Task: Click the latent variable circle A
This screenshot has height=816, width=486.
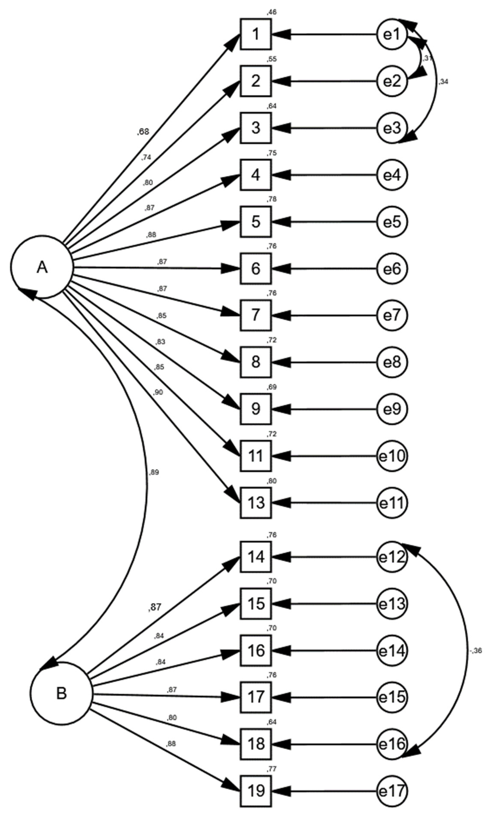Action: (x=42, y=267)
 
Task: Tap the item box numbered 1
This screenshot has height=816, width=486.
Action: (x=256, y=34)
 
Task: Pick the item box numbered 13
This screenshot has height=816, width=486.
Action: (x=256, y=503)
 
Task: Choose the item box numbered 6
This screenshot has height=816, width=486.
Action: (x=256, y=268)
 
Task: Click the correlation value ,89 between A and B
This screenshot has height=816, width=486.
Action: (x=154, y=472)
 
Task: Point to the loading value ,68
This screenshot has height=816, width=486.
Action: (x=143, y=132)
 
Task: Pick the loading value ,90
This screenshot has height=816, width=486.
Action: (x=158, y=392)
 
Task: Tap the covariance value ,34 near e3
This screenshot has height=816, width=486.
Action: (x=443, y=82)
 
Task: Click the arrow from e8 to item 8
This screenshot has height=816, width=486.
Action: (x=324, y=362)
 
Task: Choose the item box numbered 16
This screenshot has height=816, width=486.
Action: (x=256, y=650)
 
